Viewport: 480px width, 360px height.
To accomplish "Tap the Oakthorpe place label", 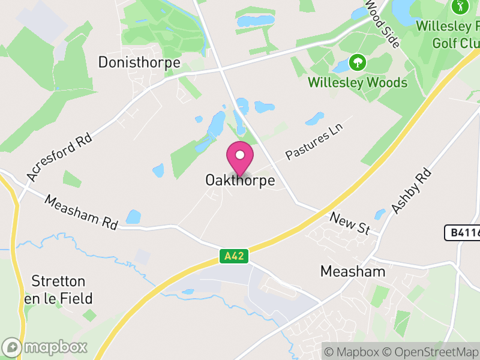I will [240, 180].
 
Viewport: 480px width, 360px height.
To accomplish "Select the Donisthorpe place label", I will [139, 62].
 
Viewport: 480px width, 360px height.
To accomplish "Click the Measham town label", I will [352, 271].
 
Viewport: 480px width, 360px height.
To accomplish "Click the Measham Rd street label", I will [81, 212].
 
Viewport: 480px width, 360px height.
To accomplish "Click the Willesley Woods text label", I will [358, 82].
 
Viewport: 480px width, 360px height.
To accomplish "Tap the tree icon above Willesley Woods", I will [358, 62].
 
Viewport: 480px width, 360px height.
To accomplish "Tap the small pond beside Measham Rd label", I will [133, 217].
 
